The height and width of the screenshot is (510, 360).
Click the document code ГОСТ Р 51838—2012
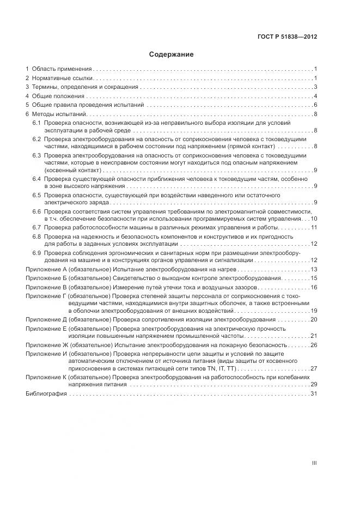(287, 37)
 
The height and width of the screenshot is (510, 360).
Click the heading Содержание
(171, 54)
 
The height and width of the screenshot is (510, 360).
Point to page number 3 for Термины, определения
(315, 87)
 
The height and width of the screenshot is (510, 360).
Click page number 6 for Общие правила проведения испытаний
(315, 105)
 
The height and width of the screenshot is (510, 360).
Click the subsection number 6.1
(36, 124)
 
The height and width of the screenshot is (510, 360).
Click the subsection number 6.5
(36, 195)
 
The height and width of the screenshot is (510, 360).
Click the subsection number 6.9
(36, 253)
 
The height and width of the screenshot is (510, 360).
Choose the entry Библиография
(46, 393)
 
